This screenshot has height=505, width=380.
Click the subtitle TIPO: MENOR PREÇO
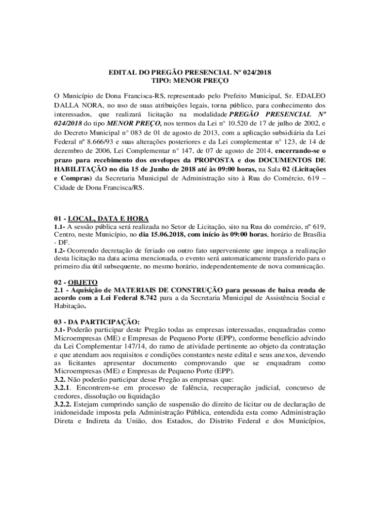coord(190,81)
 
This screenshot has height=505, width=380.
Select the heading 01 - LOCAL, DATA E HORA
coord(101,218)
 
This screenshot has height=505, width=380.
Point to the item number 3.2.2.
coord(63,404)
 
